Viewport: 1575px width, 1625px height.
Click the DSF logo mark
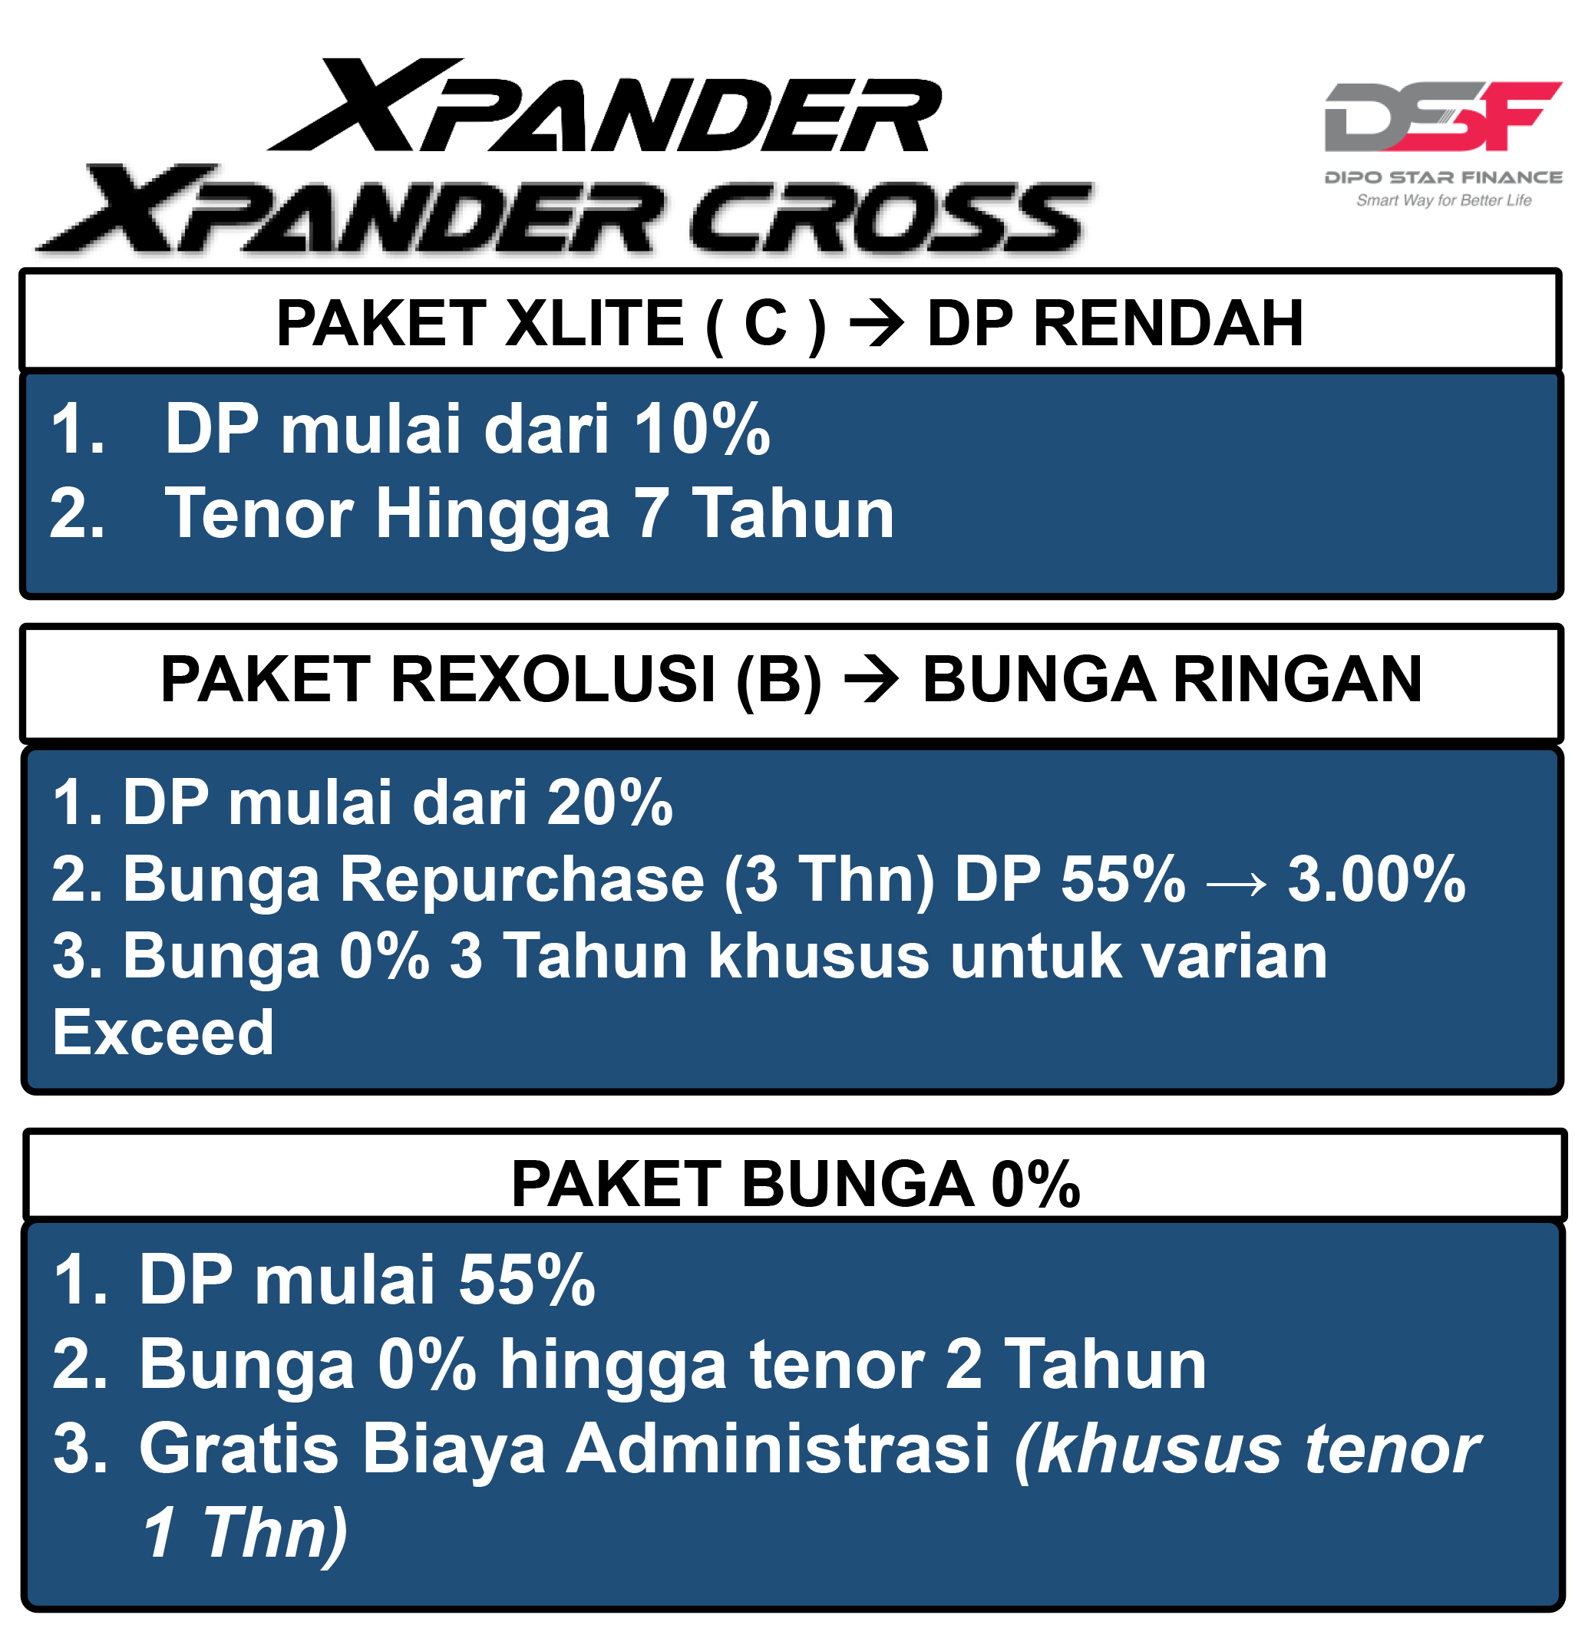point(1443,116)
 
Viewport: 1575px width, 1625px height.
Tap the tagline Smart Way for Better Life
point(1444,201)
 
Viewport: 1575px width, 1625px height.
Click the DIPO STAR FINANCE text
point(1444,177)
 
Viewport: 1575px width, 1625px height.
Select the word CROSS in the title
point(890,217)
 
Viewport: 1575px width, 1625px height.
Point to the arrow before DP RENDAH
point(877,325)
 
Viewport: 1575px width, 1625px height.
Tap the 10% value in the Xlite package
point(702,430)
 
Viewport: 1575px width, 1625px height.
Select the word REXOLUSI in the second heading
point(553,680)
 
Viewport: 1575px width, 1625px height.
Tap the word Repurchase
point(523,881)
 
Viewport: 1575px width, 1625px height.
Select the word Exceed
point(163,1033)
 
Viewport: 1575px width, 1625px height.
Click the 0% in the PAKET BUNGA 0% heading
point(1036,1184)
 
